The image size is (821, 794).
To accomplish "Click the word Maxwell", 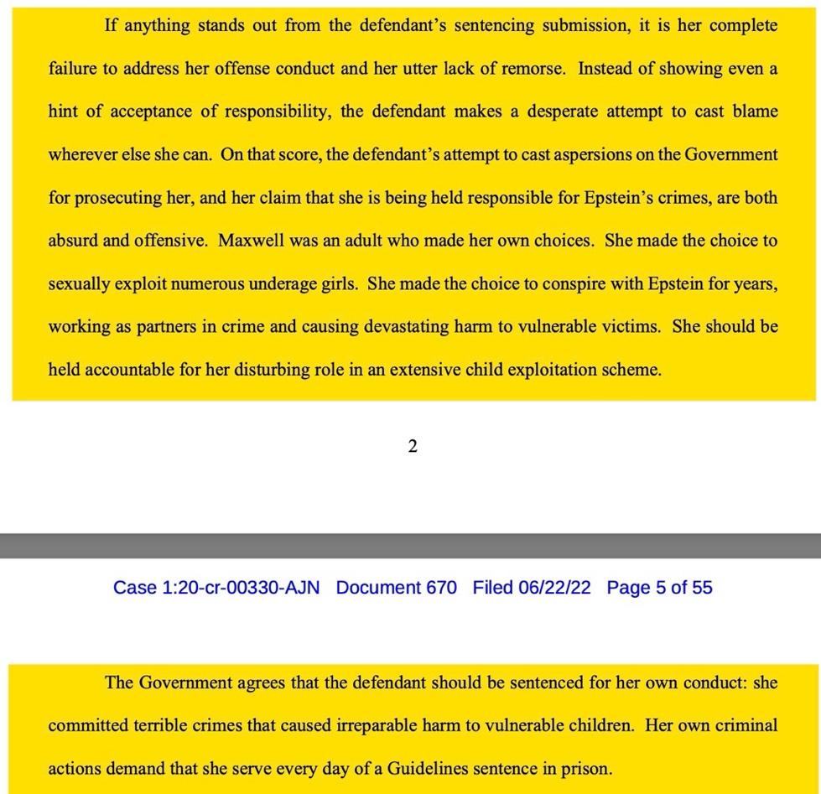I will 250,241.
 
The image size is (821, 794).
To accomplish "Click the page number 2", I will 412,447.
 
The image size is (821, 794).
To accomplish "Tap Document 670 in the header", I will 396,588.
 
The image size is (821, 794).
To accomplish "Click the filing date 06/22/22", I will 554,588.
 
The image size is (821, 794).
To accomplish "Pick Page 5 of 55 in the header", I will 659,588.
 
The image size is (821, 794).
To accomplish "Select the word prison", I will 587,768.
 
